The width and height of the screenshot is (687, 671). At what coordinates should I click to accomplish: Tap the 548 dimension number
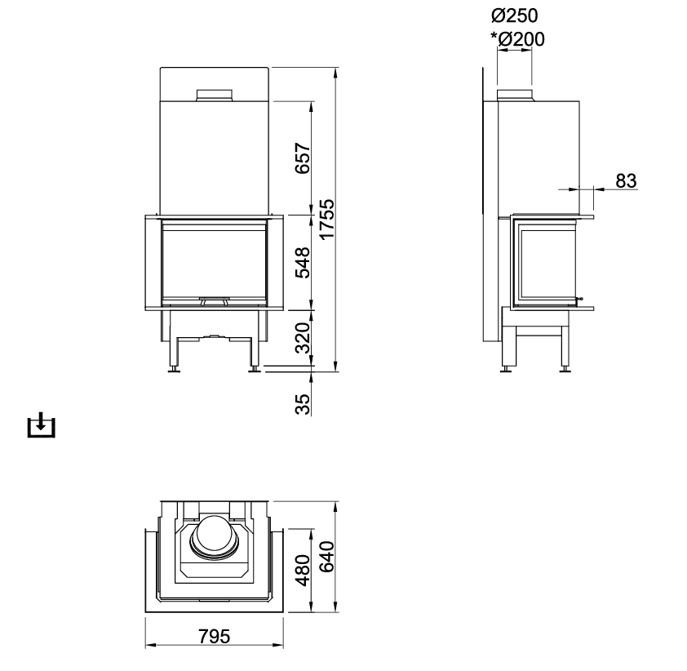click(302, 262)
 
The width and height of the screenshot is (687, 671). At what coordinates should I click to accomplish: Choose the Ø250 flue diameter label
click(516, 16)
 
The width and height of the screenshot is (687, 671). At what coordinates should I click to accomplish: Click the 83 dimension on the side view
click(626, 180)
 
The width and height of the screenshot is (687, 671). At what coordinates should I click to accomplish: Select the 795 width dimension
click(214, 636)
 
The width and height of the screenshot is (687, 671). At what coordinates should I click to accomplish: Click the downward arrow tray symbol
click(40, 425)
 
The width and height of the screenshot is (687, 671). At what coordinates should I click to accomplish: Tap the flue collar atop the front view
click(215, 96)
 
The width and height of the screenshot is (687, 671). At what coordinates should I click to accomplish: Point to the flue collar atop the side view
click(516, 96)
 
